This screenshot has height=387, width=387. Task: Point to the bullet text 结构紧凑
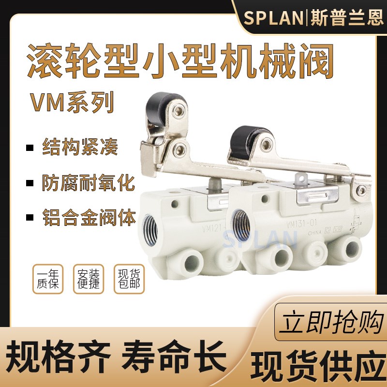click(80, 147)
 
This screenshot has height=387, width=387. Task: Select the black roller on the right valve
click(252, 133)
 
